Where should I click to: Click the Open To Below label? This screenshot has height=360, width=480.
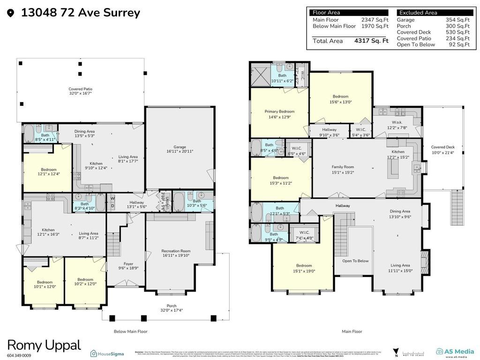click(x=355, y=261)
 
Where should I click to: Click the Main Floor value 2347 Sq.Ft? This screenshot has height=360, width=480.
click(x=375, y=20)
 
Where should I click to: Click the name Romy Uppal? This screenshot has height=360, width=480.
click(x=44, y=346)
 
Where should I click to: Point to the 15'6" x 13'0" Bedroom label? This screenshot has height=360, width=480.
click(x=341, y=99)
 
